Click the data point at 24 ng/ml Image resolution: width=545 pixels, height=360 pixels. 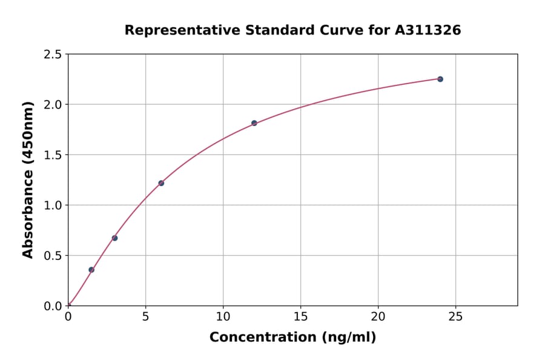440,79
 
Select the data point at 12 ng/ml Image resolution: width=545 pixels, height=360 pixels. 254,123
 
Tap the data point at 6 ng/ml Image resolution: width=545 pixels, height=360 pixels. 161,183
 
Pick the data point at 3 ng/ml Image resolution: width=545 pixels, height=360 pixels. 114,238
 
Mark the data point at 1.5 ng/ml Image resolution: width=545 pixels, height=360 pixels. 91,270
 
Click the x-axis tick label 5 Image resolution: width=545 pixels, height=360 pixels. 145,316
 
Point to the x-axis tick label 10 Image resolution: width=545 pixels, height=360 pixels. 223,316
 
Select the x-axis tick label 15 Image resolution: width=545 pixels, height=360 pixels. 300,316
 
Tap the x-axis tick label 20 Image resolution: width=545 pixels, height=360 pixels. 378,316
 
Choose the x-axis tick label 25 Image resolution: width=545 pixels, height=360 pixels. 455,316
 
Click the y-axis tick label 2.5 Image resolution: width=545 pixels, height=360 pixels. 53,55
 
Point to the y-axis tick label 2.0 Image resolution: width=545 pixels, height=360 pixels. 53,105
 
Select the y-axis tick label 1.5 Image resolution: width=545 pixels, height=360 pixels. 53,155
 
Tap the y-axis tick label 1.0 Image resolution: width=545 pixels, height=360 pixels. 53,205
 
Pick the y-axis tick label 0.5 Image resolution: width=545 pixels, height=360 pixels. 53,256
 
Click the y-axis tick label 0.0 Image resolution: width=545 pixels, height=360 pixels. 53,306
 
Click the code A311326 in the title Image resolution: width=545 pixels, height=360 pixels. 428,30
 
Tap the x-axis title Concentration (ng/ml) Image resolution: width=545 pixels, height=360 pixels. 292,338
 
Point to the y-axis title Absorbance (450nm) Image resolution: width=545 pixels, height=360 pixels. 28,180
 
